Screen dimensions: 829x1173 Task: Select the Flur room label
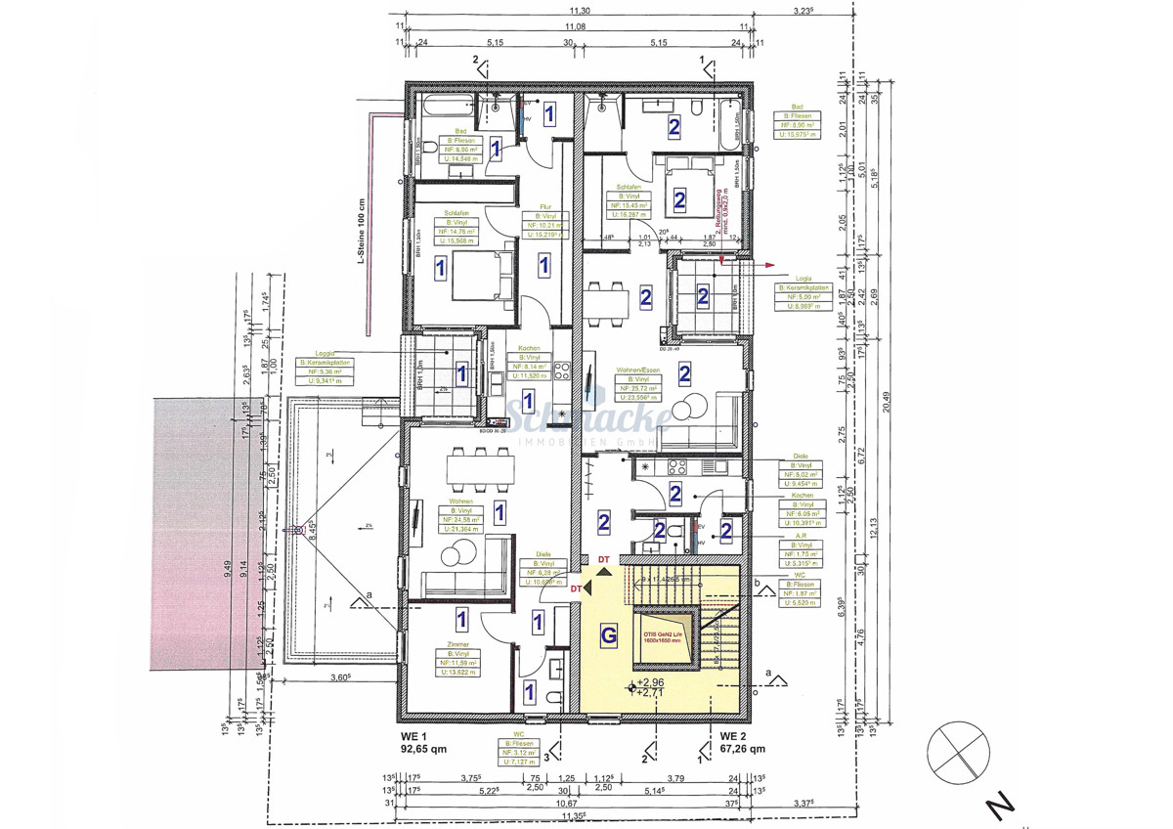point(546,206)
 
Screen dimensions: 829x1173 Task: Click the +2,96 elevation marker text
point(651,682)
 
